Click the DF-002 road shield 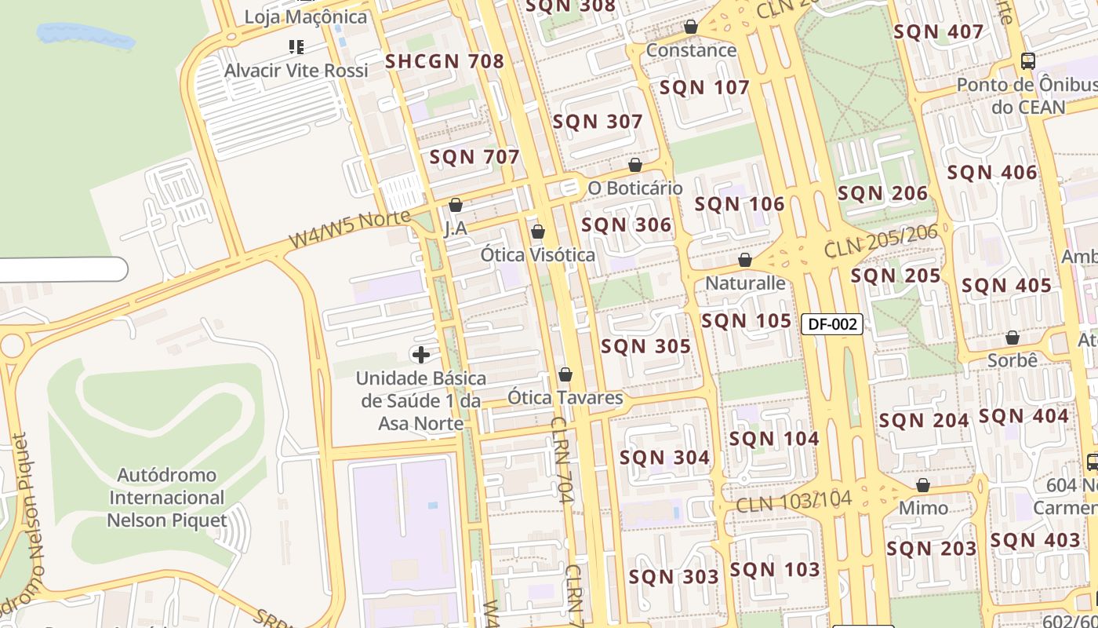click(x=832, y=323)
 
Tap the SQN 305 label click(x=645, y=346)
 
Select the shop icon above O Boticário click(x=635, y=165)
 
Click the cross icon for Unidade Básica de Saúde click(x=421, y=355)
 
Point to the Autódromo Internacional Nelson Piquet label click(x=167, y=498)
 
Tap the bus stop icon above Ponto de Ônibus click(x=1027, y=60)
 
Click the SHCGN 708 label click(x=444, y=61)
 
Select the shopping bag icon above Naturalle click(x=745, y=259)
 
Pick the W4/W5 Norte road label click(x=349, y=228)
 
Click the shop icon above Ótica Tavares click(x=565, y=374)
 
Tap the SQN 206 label click(x=882, y=193)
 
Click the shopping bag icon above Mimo click(x=923, y=485)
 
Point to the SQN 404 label click(x=1023, y=416)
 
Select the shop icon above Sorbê click(x=1013, y=338)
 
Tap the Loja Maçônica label click(x=305, y=16)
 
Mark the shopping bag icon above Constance click(x=691, y=27)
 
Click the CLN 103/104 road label click(x=793, y=500)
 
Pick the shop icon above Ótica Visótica click(x=538, y=232)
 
